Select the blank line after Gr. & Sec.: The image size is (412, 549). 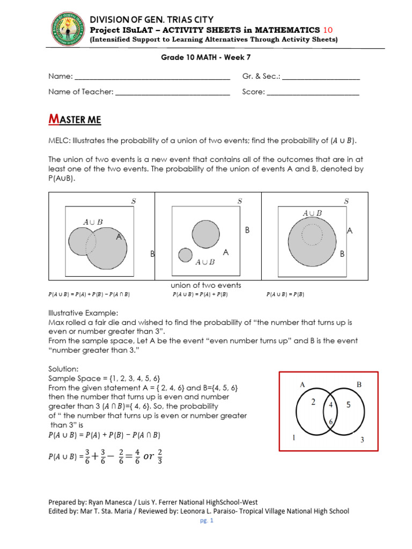pos(321,77)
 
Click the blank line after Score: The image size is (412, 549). pos(313,92)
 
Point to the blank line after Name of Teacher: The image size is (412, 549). pos(173,92)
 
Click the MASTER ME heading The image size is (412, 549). pos(75,120)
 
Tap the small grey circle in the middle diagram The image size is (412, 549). pos(186,255)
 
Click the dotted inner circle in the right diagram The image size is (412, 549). pos(312,233)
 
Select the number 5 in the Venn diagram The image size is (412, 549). pos(348,405)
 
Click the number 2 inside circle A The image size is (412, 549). pos(313,402)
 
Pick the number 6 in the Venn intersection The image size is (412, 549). pos(331,421)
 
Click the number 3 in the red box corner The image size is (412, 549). pos(362,440)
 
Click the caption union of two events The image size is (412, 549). pos(205,285)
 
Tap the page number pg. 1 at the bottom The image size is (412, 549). pos(207,521)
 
